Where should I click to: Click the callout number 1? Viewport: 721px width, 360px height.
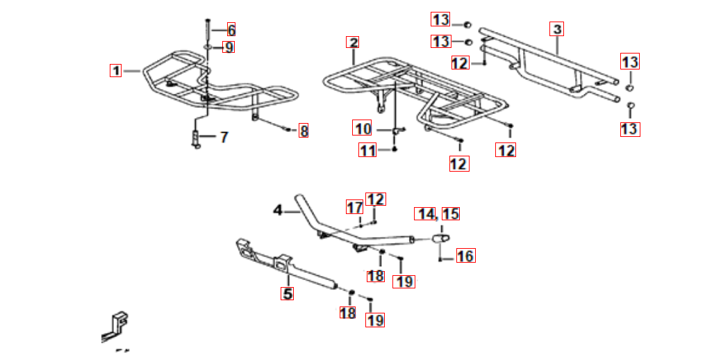click(x=115, y=71)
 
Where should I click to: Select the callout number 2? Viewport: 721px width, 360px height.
click(x=353, y=43)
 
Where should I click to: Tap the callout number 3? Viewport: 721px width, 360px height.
click(x=557, y=29)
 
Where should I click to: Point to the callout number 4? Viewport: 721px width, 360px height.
click(x=278, y=211)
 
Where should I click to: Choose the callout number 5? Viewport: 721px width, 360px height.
click(x=288, y=293)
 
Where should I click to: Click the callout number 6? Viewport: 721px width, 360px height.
click(x=231, y=31)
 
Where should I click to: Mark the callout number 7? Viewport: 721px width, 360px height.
click(x=224, y=137)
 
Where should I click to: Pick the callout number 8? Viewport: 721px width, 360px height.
click(x=303, y=131)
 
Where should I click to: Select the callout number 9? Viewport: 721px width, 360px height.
click(x=229, y=47)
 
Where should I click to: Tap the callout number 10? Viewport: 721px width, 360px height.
click(x=363, y=128)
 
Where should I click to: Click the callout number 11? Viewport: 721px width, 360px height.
click(x=368, y=150)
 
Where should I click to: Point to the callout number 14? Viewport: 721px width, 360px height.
click(x=425, y=214)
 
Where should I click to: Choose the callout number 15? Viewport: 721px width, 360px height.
click(x=451, y=214)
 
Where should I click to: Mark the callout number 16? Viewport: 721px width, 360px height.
click(x=465, y=256)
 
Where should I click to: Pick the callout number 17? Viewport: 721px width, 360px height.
click(x=354, y=208)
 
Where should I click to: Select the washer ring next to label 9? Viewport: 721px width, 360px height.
click(x=208, y=47)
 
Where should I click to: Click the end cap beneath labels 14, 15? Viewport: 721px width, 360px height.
click(x=441, y=238)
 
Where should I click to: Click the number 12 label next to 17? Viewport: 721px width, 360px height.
click(x=375, y=199)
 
